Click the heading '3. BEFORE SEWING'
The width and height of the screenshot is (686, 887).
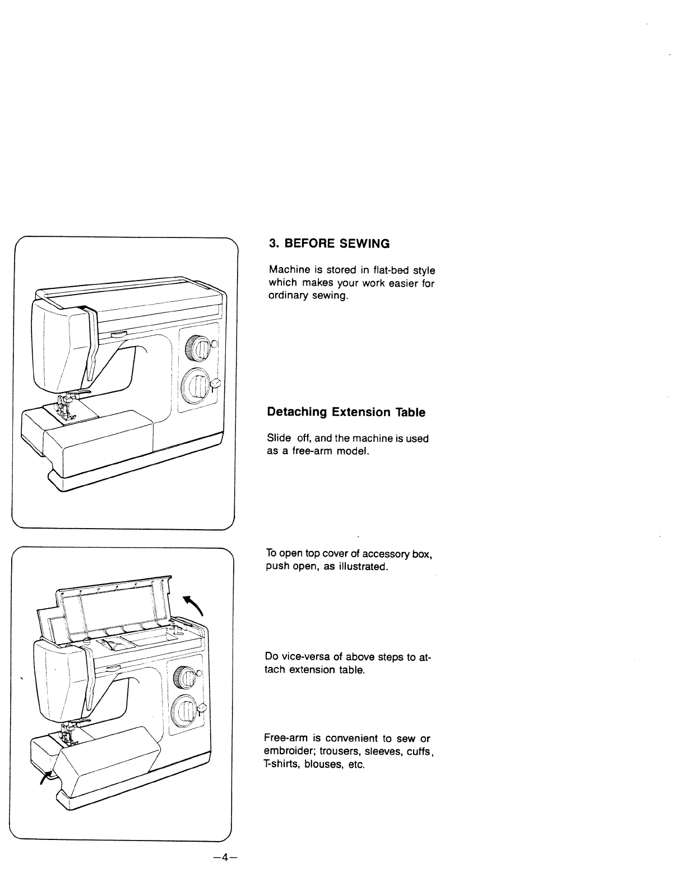pyautogui.click(x=329, y=244)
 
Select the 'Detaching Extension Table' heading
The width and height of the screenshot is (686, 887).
pyautogui.click(x=346, y=412)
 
